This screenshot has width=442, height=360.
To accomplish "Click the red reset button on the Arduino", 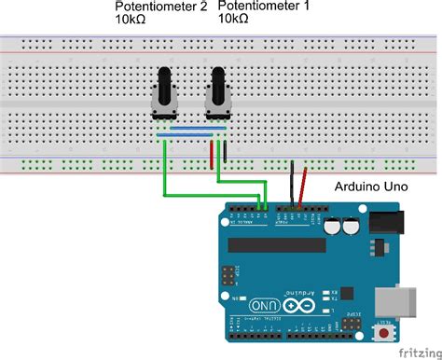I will [x=383, y=332].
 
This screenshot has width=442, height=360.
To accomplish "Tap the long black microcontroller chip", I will [x=280, y=244].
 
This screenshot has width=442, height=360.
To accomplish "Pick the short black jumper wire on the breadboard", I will [x=223, y=154].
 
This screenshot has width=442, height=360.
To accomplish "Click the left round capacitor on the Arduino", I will [x=332, y=226].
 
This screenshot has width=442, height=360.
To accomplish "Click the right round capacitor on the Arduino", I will [x=350, y=226].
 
